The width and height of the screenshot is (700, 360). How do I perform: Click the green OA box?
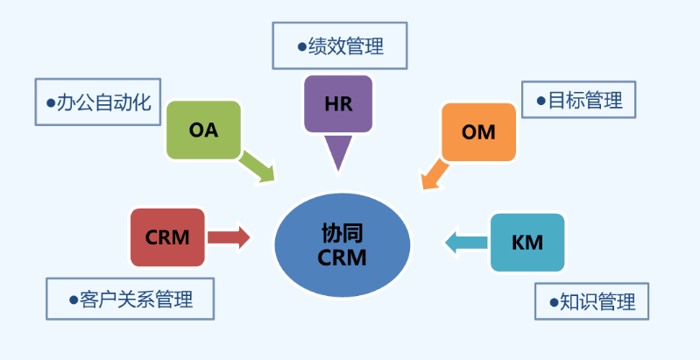(x=203, y=130)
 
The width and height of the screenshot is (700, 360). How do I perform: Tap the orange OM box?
(x=478, y=132)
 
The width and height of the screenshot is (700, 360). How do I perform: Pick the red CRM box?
(x=167, y=237)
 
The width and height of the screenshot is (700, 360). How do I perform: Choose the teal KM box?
(x=527, y=242)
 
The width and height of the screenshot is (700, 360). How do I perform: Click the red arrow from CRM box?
(x=230, y=237)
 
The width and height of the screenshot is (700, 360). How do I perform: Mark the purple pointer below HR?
(x=337, y=152)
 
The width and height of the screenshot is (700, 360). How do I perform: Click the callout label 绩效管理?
(x=340, y=46)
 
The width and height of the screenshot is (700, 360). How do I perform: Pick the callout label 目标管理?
(x=578, y=100)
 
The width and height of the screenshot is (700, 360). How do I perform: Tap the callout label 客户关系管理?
(x=131, y=299)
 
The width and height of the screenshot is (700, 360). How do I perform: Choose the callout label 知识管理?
(x=591, y=301)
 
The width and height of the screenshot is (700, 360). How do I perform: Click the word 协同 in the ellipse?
(x=343, y=232)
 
